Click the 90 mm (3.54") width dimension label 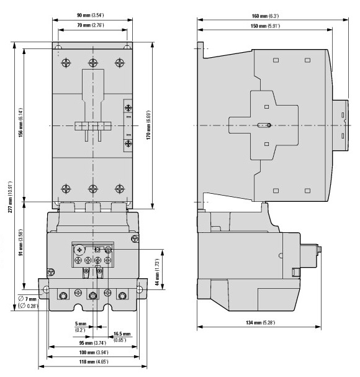pyautogui.click(x=91, y=16)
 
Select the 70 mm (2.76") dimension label pyautogui.click(x=91, y=25)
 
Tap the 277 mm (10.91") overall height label pyautogui.click(x=10, y=197)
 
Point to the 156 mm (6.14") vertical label pyautogui.click(x=21, y=122)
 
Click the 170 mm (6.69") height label pyautogui.click(x=149, y=125)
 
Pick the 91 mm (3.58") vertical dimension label pyautogui.click(x=21, y=242)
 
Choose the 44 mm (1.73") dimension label pyautogui.click(x=157, y=272)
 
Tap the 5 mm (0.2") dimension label pyautogui.click(x=80, y=327)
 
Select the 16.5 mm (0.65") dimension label pyautogui.click(x=122, y=337)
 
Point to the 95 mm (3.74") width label pyautogui.click(x=92, y=343)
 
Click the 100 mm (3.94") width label pyautogui.click(x=94, y=352)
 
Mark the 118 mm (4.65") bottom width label pyautogui.click(x=94, y=361)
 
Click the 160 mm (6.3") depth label pyautogui.click(x=265, y=16)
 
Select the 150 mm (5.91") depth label pyautogui.click(x=265, y=26)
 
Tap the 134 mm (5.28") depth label pyautogui.click(x=260, y=322)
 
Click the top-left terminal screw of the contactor pyautogui.click(x=66, y=63)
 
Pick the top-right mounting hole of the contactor pyautogui.click(x=127, y=47)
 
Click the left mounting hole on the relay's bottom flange pyautogui.click(x=46, y=289)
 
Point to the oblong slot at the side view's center pyautogui.click(x=264, y=125)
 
